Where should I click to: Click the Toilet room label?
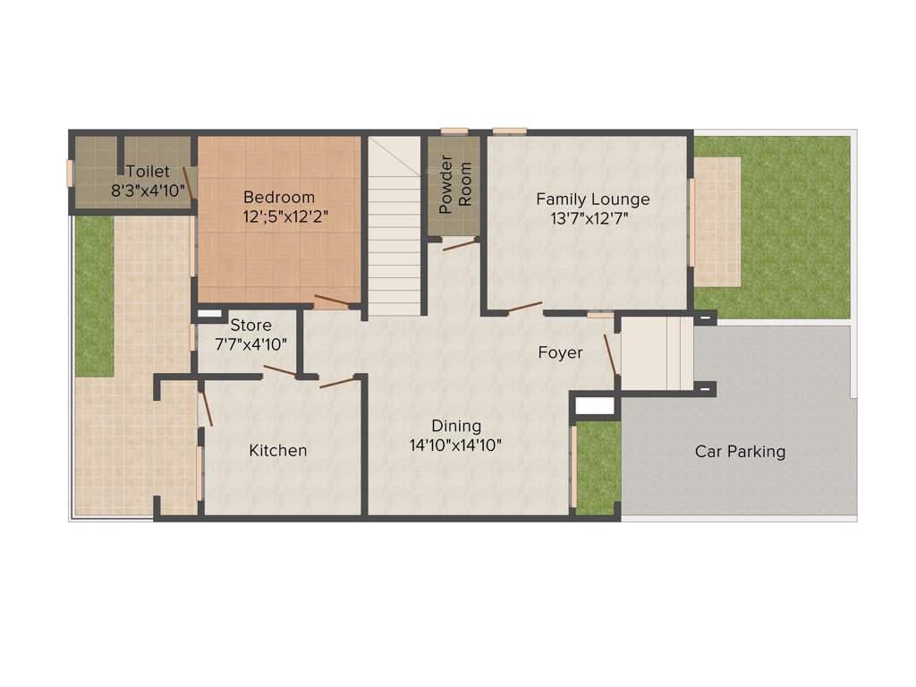148,172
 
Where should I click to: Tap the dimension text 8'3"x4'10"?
148,191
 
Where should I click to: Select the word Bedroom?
279,197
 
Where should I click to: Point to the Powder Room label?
454,185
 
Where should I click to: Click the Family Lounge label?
592,199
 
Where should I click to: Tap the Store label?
250,325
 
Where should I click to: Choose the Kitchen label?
277,450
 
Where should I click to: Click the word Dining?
456,426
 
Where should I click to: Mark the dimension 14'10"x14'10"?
456,445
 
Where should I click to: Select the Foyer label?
560,352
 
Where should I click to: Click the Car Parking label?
740,451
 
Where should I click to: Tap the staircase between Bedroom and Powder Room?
394,233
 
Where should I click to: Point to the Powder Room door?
460,243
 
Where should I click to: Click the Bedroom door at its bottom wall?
331,301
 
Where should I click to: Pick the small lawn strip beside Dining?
598,467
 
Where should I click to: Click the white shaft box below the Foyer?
595,406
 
